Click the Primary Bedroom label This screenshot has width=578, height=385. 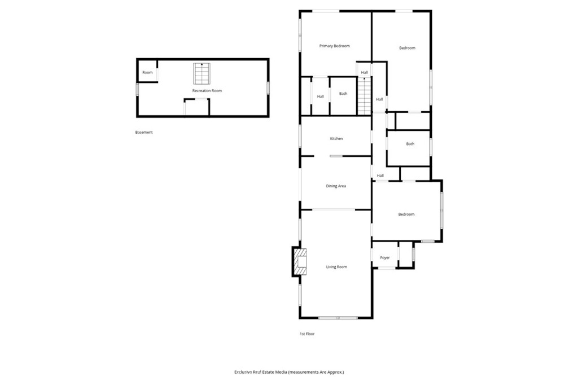click(x=334, y=46)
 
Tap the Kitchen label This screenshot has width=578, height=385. click(x=336, y=139)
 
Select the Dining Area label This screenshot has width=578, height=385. click(x=336, y=186)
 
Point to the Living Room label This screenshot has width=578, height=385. click(x=336, y=267)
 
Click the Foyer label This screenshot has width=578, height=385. click(x=385, y=258)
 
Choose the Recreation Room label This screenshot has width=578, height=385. click(x=207, y=91)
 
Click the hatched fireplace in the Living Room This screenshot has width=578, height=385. click(x=300, y=262)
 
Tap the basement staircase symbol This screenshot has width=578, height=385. click(x=202, y=73)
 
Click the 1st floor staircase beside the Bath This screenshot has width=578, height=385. click(x=364, y=96)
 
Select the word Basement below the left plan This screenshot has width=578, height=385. click(x=144, y=133)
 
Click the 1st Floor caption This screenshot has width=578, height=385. click(x=307, y=334)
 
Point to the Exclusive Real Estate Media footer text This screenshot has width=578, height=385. click(x=289, y=372)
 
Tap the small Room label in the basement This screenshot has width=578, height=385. click(x=147, y=73)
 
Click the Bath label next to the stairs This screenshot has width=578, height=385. click(x=343, y=94)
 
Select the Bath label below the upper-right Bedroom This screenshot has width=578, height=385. click(x=410, y=144)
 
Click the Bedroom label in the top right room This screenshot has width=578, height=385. click(x=407, y=48)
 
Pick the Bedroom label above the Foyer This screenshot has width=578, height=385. click(x=406, y=215)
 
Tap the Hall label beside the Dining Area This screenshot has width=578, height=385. click(x=380, y=176)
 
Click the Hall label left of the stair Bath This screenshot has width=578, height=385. click(x=321, y=97)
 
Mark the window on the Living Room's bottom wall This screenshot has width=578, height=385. click(x=338, y=317)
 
